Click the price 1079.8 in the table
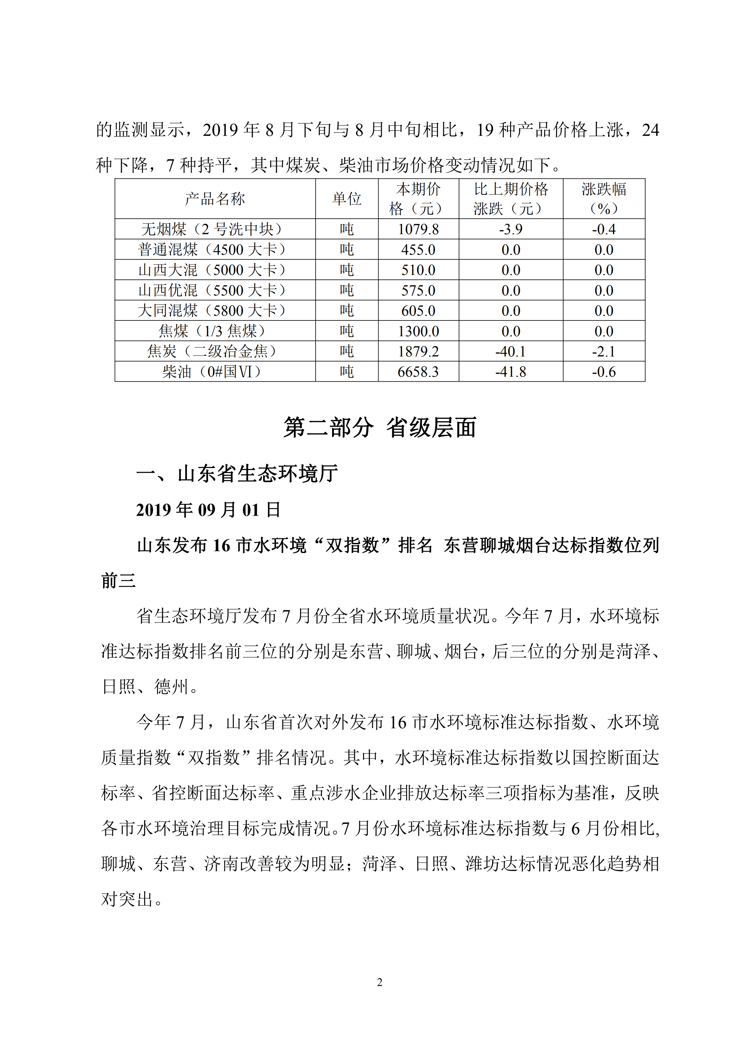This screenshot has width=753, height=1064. coord(418,229)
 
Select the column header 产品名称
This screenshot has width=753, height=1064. coord(215,199)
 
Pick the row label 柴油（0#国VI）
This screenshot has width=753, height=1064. coord(215,372)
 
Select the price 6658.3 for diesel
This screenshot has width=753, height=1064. coord(418,372)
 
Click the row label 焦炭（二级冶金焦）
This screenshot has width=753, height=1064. coord(215,351)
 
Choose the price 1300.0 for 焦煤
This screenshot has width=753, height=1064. coord(418,331)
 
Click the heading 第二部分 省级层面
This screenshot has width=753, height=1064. coord(380,427)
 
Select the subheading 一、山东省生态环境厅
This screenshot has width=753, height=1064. coord(237,474)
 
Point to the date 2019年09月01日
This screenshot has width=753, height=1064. coord(208,510)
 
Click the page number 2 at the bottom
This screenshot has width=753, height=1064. coord(380,982)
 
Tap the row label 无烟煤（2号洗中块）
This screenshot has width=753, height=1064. coord(215,229)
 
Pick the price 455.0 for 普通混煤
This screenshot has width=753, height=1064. coord(418,250)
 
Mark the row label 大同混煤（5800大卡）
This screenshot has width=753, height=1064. coord(215,311)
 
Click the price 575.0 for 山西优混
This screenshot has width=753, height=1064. coord(418,290)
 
